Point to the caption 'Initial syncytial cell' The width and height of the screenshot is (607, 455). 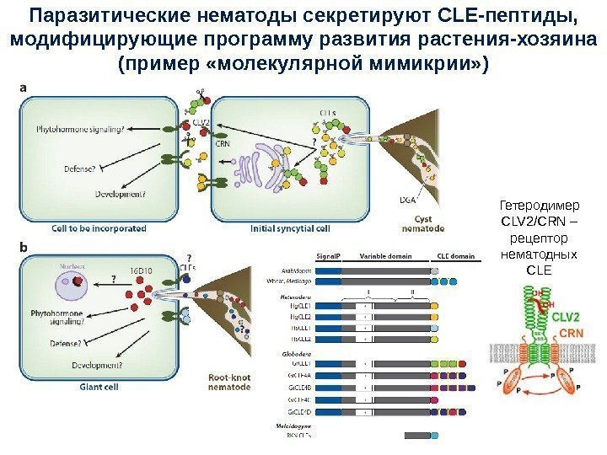click(289, 228)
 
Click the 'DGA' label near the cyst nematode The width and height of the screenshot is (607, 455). click(408, 201)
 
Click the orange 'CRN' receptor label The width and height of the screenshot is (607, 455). click(571, 334)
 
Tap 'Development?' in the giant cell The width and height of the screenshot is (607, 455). click(105, 364)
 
